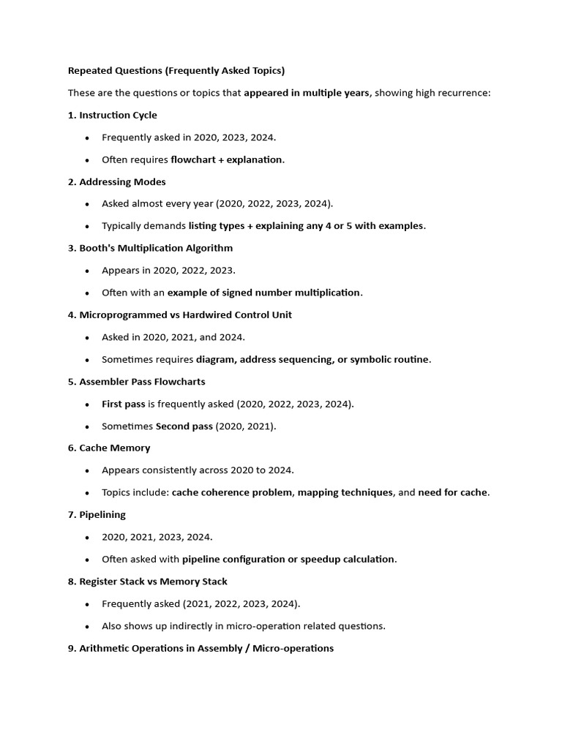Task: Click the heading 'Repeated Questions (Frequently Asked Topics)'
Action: click(176, 71)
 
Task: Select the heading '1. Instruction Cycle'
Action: click(112, 115)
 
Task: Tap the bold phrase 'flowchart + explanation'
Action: click(227, 159)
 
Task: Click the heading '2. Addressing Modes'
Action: click(116, 181)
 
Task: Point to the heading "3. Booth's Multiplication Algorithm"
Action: click(150, 248)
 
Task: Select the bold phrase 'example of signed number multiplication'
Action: click(264, 293)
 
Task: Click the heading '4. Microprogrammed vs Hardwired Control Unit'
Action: click(179, 315)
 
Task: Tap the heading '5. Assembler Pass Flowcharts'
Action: click(136, 381)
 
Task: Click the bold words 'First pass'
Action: click(124, 404)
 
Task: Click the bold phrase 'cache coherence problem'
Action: click(232, 492)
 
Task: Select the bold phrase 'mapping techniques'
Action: click(345, 492)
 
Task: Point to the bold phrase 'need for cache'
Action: click(452, 492)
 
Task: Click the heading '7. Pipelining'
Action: click(97, 514)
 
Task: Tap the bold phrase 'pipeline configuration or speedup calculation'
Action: click(288, 559)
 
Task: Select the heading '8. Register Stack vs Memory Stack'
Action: click(147, 581)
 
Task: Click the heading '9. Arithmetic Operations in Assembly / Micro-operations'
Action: click(201, 648)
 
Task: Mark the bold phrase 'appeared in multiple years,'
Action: click(308, 93)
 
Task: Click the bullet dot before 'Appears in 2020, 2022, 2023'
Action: click(88, 271)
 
